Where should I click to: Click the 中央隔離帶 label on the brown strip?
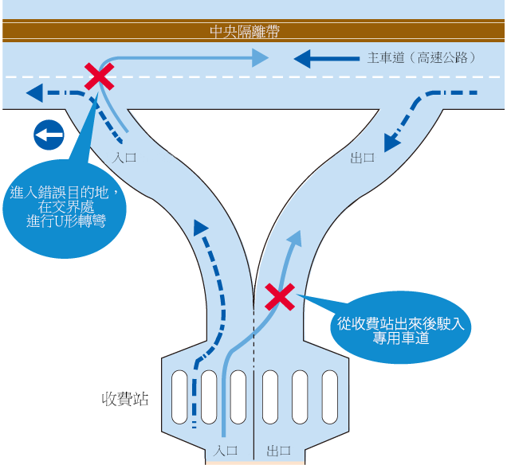[244, 32]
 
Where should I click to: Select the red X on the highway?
[99, 76]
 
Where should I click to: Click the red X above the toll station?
[280, 296]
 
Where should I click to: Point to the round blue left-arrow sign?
[48, 135]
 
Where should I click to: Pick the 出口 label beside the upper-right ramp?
[362, 158]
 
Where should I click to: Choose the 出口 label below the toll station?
[278, 451]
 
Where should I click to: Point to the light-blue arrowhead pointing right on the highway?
[258, 58]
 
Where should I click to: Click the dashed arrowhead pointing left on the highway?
[34, 93]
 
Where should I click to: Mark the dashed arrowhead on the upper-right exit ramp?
[391, 142]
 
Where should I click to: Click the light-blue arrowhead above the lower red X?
[294, 240]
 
